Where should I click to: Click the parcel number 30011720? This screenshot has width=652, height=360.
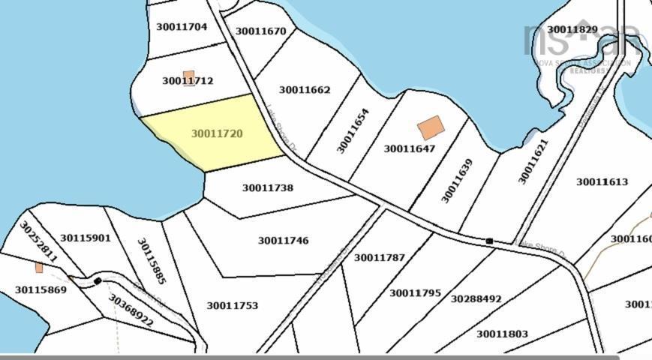coord(217,134)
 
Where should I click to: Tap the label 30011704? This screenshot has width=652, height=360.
coord(182,27)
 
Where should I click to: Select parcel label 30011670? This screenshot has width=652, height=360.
coord(260,31)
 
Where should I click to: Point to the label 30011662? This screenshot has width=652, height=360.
coord(305,90)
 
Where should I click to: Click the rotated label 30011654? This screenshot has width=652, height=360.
coord(353,131)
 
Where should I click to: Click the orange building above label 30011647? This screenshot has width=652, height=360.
coord(430,127)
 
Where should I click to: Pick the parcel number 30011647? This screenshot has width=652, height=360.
coord(410,148)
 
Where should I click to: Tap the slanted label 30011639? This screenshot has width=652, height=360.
coord(456,181)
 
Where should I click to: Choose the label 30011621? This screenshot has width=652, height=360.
coord(533,161)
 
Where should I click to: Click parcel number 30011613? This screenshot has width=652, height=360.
coord(602,181)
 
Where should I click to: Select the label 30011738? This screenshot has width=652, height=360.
coord(268,188)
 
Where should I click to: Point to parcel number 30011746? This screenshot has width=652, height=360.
coord(283,241)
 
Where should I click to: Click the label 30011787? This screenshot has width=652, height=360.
coord(379,257)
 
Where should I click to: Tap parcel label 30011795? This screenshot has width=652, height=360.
coord(415,292)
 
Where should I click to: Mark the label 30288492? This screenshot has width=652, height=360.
coord(476,298)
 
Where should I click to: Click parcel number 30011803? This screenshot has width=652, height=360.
coord(502,334)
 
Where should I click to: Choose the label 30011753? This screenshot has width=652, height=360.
coord(233,305)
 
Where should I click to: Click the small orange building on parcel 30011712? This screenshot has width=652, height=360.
coord(189,76)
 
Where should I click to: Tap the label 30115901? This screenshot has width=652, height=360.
coord(86,238)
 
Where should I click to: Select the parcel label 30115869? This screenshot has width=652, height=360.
coord(41,289)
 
